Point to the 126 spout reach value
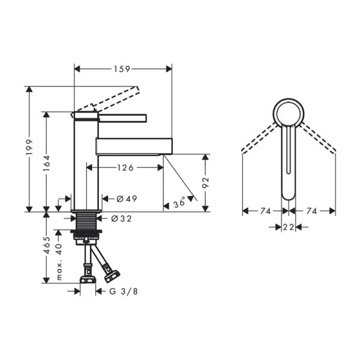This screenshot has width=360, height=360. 124,168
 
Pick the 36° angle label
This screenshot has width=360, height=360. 179,203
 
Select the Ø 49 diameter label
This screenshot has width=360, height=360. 124,199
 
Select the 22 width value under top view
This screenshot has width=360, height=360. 289,227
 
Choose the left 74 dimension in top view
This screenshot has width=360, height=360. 266,211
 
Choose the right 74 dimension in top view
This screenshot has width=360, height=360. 311,211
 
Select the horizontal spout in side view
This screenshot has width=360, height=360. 134,145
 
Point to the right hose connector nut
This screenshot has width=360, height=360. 112,276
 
